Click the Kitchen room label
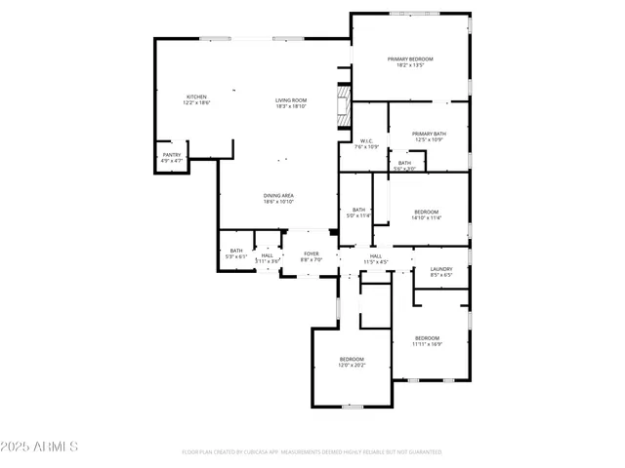click(197, 99)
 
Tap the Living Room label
click(291, 103)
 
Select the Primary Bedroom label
click(409, 62)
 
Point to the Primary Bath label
click(429, 136)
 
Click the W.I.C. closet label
click(367, 143)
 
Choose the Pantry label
click(172, 157)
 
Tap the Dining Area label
click(278, 199)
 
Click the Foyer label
click(311, 257)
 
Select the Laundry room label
click(441, 272)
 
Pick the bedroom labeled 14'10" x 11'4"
click(427, 214)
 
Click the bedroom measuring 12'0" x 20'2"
click(352, 362)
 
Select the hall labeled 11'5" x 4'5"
click(376, 259)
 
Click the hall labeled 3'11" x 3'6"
click(267, 258)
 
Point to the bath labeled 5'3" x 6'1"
click(236, 253)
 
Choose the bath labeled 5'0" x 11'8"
click(358, 213)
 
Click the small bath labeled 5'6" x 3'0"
click(404, 166)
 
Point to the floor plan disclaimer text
click(312, 452)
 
